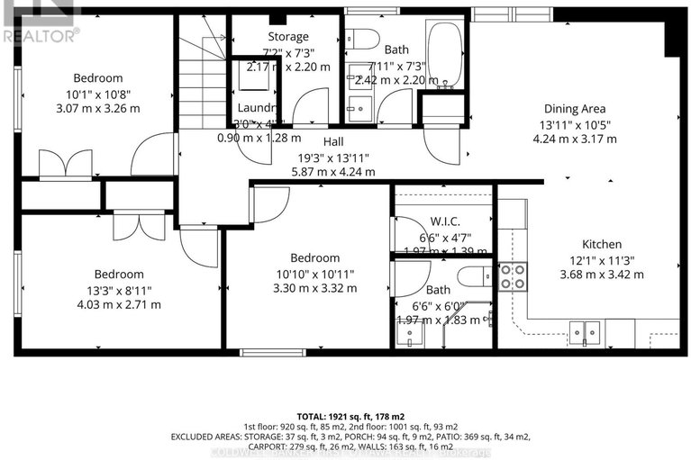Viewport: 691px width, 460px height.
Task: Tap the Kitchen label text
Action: point(601,244)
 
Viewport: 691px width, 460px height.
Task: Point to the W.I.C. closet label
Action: point(445,222)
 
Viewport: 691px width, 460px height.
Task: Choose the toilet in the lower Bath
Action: point(474,275)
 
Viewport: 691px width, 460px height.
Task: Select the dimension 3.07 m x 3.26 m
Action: point(98,108)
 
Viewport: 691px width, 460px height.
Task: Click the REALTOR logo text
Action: point(40,35)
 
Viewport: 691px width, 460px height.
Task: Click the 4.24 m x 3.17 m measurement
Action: point(575,139)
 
